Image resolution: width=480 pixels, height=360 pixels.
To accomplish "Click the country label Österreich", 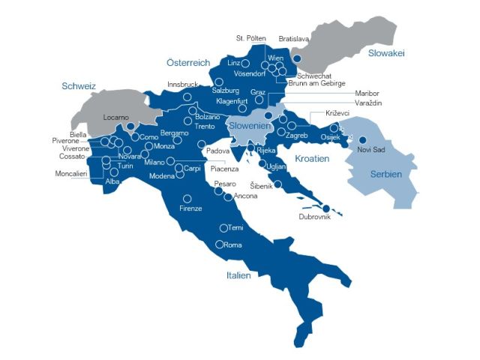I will tap(188, 63).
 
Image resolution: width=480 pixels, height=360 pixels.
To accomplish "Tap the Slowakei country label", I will tap(387, 53).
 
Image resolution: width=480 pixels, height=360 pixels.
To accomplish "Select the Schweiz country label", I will tap(79, 86).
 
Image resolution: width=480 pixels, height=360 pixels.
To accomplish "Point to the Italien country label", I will tap(238, 275).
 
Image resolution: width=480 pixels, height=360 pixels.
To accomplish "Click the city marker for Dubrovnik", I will tap(326, 208).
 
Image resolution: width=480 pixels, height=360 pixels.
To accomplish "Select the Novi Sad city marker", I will tap(362, 139).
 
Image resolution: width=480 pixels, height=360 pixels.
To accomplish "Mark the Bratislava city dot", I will tap(297, 58).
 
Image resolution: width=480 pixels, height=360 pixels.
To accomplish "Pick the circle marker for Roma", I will tap(219, 244).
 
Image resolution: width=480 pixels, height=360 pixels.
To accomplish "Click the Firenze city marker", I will tap(185, 199).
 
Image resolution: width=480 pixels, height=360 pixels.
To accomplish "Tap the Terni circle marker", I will tap(223, 228).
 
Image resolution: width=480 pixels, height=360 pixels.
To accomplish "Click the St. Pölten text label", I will tap(250, 37).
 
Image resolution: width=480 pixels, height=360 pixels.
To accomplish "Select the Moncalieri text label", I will tap(70, 173).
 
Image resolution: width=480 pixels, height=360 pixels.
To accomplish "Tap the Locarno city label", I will tap(116, 118).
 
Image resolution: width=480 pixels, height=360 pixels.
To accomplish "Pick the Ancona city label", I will tap(246, 196).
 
